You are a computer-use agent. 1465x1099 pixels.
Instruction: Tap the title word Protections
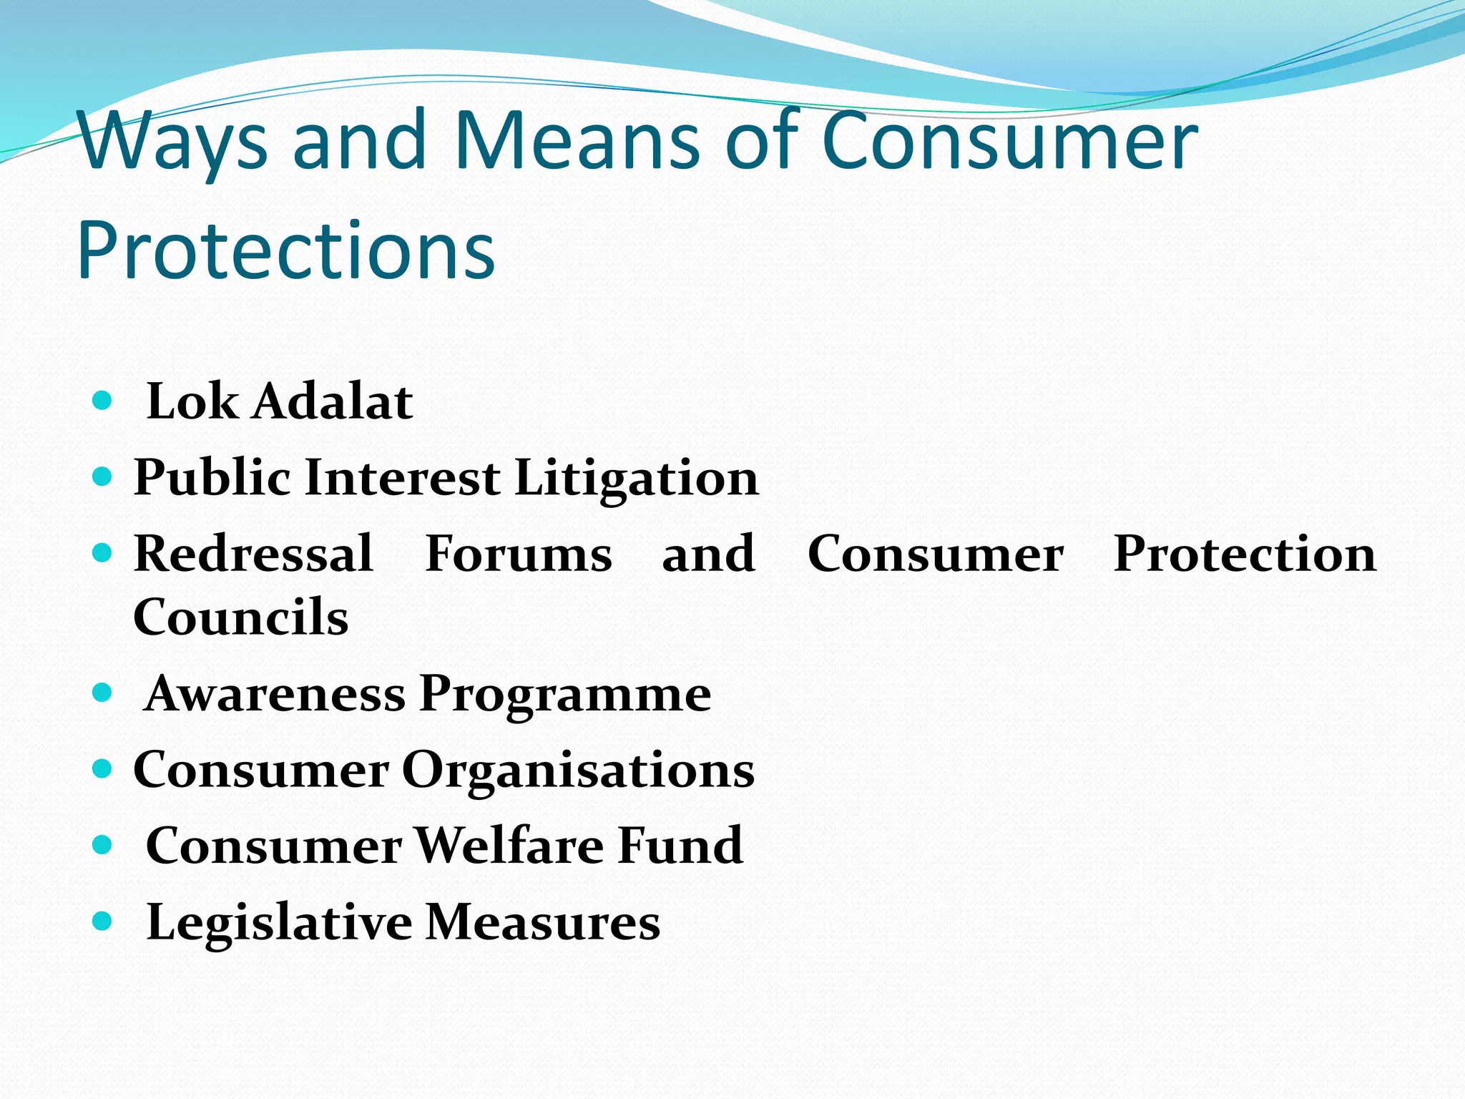[x=286, y=250]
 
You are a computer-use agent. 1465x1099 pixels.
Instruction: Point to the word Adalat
[x=333, y=401]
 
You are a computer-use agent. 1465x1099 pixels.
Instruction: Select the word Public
[x=212, y=478]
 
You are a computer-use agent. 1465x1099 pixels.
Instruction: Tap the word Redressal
[x=253, y=554]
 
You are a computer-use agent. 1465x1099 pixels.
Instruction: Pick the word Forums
[x=519, y=554]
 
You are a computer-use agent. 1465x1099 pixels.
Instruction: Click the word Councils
[x=241, y=617]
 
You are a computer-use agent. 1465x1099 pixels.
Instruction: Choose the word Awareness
[x=275, y=694]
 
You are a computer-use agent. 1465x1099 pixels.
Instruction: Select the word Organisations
[x=578, y=771]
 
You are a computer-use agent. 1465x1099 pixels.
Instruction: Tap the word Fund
[x=680, y=846]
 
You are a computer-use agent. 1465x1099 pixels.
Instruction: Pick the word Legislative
[x=279, y=923]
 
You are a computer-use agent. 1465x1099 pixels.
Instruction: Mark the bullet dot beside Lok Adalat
[x=103, y=400]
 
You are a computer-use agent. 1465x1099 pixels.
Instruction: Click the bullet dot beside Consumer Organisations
[x=103, y=769]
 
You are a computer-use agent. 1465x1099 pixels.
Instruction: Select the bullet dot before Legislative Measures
[x=103, y=920]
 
